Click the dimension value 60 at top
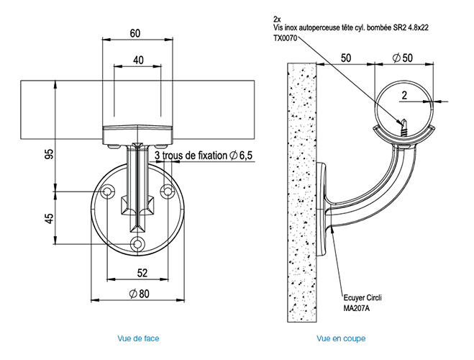tap(135, 32)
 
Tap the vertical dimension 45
tap(47, 217)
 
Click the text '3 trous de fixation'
tap(190, 155)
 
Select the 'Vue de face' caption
tap(138, 338)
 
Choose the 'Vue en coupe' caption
tap(341, 338)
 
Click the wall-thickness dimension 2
tap(405, 94)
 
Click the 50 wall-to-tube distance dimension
tap(345, 57)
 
